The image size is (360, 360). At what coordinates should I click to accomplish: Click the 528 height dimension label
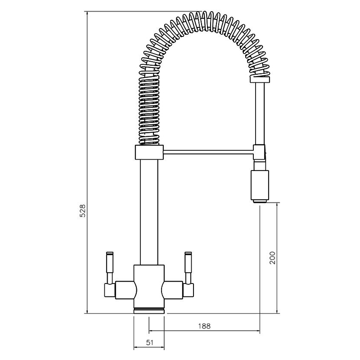click(82, 211)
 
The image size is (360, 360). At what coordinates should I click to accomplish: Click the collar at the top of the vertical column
click(148, 153)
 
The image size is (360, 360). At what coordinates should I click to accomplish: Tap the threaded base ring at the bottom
click(149, 310)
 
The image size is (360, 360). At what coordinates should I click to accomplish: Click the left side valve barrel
click(125, 289)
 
